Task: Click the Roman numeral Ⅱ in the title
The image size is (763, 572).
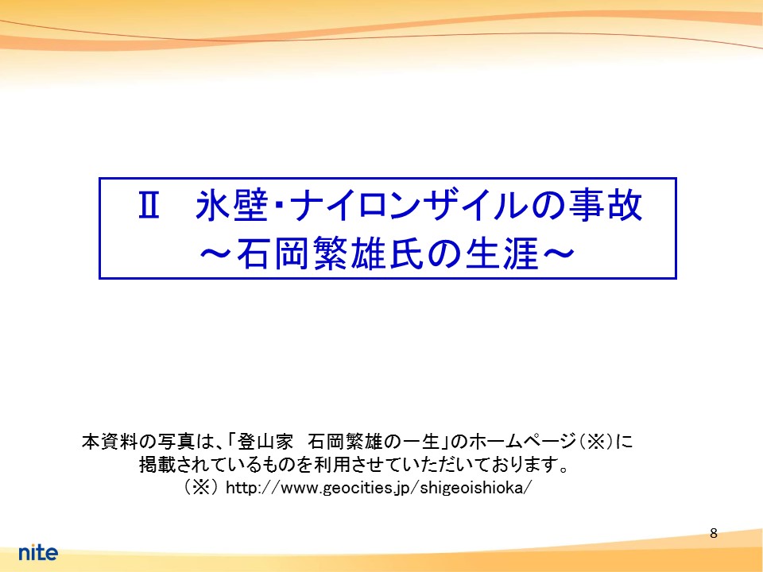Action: [x=149, y=205]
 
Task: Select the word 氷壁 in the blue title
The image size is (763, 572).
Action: [x=231, y=205]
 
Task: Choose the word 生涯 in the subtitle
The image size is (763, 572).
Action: [x=502, y=253]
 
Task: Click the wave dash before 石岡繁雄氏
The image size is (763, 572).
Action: [x=217, y=253]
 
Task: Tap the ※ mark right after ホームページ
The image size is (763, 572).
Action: [x=596, y=442]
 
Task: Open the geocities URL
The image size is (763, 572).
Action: [x=379, y=487]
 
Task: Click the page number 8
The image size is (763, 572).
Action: [x=714, y=534]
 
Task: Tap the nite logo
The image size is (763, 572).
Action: [x=38, y=552]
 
